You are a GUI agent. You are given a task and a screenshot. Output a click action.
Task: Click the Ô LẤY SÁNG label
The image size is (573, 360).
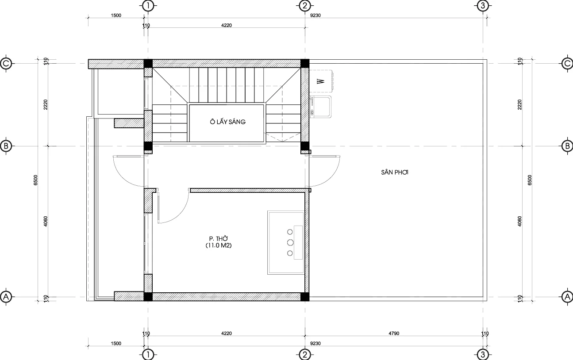[228, 122]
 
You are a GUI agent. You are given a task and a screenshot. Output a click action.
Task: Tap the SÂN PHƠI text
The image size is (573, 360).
[395, 172]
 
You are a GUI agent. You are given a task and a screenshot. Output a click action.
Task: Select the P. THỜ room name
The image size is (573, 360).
[219, 239]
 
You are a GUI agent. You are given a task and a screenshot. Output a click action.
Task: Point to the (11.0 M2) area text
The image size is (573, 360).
[219, 245]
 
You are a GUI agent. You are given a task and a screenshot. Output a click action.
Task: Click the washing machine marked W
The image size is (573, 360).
[321, 81]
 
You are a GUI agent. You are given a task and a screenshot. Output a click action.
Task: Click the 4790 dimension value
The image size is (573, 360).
[394, 333]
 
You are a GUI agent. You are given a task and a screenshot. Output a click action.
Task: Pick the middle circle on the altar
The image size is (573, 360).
[290, 242]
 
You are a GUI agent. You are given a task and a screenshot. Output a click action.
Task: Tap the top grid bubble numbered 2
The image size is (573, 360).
[305, 6]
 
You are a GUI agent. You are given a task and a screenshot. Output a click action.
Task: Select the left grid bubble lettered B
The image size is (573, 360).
[6, 146]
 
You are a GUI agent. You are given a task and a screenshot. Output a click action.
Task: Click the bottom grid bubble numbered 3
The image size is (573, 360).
[483, 355]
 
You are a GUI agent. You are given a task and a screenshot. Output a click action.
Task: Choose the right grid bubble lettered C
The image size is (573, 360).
[567, 63]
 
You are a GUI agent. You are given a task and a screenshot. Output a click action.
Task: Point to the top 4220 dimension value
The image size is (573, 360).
[227, 25]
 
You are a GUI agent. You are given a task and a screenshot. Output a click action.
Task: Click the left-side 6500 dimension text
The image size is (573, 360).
[35, 180]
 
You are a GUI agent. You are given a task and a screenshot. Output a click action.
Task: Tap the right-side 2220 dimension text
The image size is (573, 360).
[519, 104]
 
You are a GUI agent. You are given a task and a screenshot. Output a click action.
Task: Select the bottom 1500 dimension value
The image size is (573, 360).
[116, 343]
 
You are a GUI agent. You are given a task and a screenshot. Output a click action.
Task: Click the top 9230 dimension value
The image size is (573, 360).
[315, 15]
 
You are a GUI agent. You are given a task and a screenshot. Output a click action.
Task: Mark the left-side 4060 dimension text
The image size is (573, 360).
[46, 222]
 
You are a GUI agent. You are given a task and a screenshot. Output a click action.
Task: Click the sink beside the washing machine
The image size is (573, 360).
[320, 107]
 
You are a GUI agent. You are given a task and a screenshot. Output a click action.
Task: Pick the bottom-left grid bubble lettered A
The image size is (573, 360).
[6, 297]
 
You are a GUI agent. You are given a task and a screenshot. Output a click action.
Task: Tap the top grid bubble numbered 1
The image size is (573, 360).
[148, 6]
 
